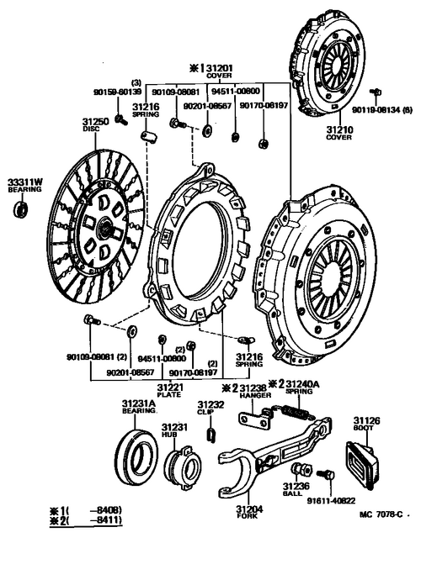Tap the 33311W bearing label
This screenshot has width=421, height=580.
24,182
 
